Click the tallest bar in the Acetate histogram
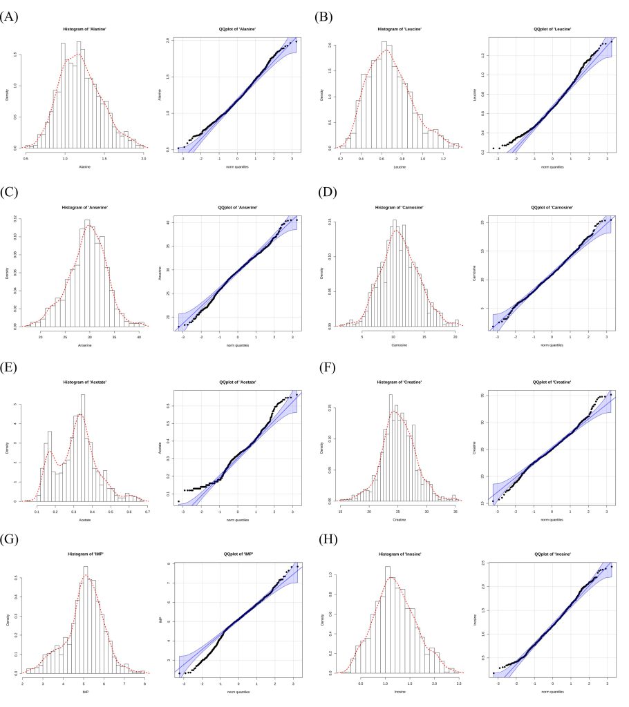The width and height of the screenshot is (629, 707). click(x=83, y=449)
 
